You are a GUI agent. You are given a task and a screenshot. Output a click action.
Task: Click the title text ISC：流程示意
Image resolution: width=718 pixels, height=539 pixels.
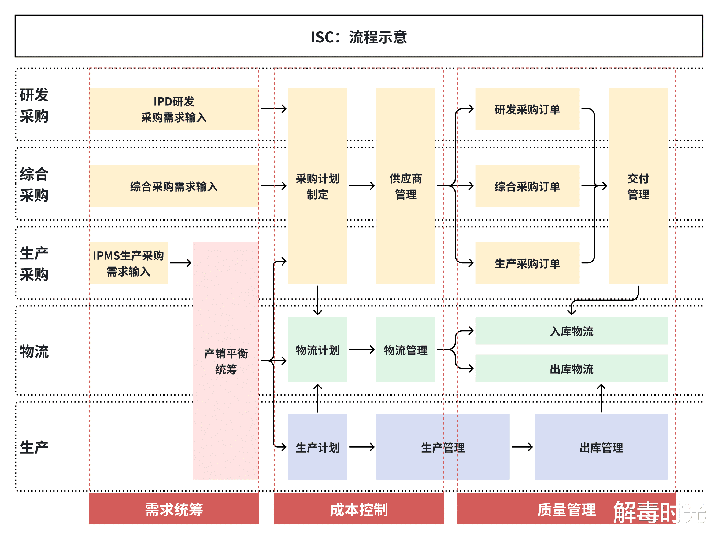(359, 37)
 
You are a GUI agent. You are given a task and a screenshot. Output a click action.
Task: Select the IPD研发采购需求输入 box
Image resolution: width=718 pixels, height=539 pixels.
(174, 109)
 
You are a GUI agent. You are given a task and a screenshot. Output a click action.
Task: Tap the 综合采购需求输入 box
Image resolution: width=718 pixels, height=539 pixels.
(174, 186)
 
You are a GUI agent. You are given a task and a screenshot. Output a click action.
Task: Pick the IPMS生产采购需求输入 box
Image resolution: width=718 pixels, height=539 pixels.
(128, 263)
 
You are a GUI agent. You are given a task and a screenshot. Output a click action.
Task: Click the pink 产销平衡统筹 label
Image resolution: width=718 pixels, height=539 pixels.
(226, 361)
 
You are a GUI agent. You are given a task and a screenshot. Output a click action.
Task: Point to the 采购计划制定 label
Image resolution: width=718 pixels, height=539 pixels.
(317, 186)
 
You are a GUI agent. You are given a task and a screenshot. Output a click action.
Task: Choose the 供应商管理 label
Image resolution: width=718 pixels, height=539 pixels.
(406, 186)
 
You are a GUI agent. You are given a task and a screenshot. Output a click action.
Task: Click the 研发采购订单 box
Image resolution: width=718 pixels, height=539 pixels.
(527, 109)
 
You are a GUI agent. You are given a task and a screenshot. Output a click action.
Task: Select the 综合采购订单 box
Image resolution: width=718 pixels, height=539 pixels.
(527, 186)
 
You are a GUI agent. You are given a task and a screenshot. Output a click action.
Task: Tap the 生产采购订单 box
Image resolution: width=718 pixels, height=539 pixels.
(527, 263)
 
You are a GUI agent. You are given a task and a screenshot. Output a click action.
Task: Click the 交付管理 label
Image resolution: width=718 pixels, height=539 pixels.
(638, 186)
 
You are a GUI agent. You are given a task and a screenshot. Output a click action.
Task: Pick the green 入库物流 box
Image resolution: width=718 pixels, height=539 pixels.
(571, 331)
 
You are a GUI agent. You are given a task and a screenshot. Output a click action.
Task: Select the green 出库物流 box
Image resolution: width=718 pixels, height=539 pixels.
(571, 369)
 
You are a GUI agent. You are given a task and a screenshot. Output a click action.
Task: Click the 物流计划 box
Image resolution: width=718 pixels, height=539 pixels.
(317, 350)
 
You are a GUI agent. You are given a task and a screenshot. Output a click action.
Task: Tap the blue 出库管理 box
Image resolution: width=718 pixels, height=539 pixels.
(601, 447)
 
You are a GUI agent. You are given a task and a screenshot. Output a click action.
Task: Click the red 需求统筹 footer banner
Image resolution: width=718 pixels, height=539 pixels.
(174, 509)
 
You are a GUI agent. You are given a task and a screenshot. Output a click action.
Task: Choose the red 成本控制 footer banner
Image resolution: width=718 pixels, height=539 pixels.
(359, 509)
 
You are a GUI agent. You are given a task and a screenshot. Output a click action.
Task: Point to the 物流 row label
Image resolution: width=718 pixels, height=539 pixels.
(34, 351)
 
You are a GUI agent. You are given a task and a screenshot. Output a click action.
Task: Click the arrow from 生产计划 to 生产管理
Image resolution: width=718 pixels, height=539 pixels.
(361, 447)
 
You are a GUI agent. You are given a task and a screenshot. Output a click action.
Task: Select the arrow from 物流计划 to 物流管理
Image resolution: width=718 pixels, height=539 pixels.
(361, 350)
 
